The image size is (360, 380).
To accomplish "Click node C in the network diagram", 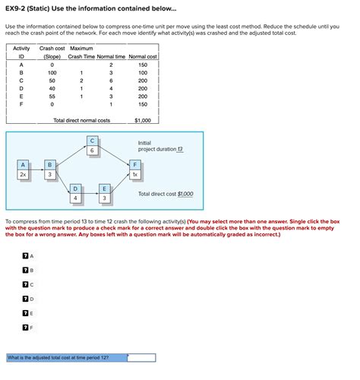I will point(92,146).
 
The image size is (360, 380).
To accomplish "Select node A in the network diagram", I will point(24,169).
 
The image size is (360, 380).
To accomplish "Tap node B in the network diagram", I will point(50,169).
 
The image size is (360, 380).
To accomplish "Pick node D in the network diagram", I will point(76,193).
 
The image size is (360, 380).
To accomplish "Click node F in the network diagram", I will point(134,169).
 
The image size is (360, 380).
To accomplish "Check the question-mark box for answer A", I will point(25,256).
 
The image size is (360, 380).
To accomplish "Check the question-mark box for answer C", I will point(25,284).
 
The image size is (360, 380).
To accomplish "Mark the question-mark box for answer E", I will point(25,312).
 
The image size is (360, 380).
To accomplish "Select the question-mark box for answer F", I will point(25,327).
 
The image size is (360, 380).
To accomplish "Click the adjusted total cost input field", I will point(141,356).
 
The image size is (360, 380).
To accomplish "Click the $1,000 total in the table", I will point(142,120).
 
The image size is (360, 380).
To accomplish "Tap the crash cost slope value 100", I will point(52,73).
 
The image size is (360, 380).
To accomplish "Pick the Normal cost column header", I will point(143,57).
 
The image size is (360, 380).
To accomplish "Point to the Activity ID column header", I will point(21,52).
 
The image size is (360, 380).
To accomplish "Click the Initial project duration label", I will point(160,146).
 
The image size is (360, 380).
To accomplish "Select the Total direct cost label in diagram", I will point(166,194).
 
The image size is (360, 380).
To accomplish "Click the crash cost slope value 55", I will point(52,97).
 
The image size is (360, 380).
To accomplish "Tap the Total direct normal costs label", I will point(81,120).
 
